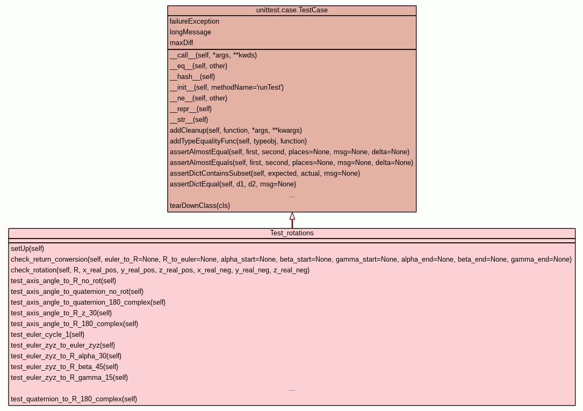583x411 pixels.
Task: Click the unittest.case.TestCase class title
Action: [292, 10]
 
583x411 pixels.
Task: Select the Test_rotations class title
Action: [292, 233]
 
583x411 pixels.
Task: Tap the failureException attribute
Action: [195, 21]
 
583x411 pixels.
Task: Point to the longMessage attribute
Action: [190, 32]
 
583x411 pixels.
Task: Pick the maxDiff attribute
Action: [182, 43]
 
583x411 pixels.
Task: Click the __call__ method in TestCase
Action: [213, 55]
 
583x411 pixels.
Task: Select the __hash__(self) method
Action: [192, 76]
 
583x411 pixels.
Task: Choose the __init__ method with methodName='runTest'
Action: [227, 88]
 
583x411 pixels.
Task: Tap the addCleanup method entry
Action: [236, 131]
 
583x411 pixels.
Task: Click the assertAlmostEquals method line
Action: [291, 162]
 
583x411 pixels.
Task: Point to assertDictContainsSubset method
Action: [265, 173]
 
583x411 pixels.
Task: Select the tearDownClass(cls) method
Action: [200, 205]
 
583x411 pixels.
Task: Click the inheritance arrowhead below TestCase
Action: [292, 216]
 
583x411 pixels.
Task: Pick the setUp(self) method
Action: [27, 249]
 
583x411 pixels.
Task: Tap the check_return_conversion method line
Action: [291, 259]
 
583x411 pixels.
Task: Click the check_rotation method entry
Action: [160, 270]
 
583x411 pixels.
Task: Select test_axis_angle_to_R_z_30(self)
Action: [61, 313]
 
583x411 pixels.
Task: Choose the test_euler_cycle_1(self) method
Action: [48, 335]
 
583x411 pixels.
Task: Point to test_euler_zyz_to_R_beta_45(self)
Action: [64, 367]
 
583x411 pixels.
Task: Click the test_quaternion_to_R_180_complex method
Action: [74, 399]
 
